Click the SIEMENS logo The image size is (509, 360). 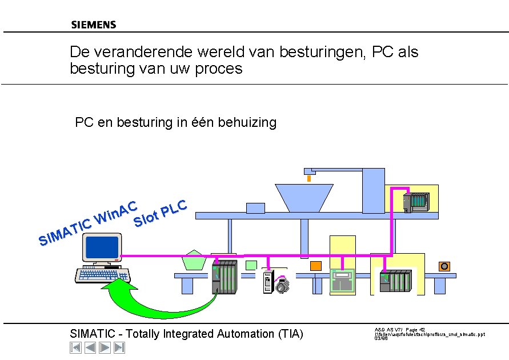point(94,25)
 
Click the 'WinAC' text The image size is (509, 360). point(117,213)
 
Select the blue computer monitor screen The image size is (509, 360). point(101,247)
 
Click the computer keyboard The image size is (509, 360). point(103,275)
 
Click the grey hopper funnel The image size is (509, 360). point(304,198)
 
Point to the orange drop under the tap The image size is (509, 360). point(309,178)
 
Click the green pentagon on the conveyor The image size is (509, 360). point(195,260)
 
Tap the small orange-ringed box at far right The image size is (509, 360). point(444,266)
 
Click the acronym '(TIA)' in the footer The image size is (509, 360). point(290,334)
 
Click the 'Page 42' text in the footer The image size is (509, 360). point(415,330)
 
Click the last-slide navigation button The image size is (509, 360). point(119,347)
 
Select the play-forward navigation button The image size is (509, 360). point(105,347)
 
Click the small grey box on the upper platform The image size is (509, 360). point(255,209)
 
